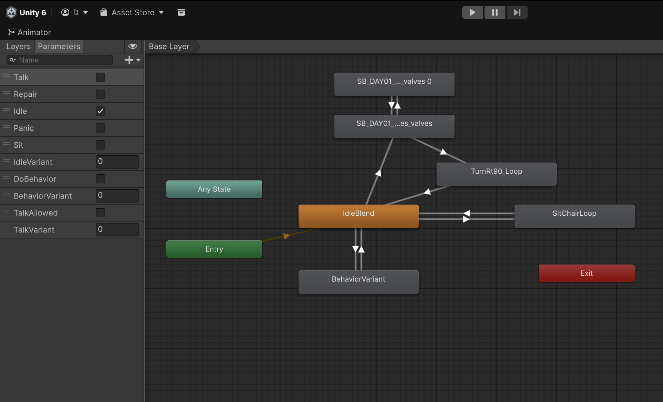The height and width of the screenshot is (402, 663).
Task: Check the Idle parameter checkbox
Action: (100, 111)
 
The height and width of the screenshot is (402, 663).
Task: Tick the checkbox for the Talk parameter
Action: (100, 77)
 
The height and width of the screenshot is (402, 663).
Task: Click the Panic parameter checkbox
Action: (100, 128)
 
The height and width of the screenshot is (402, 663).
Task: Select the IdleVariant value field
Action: (117, 162)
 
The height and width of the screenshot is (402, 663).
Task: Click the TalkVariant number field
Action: (117, 229)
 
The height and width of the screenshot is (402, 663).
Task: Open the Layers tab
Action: (19, 46)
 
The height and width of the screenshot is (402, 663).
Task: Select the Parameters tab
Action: (59, 46)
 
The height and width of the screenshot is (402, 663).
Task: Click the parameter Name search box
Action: (60, 60)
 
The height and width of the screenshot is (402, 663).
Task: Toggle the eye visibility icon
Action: (132, 46)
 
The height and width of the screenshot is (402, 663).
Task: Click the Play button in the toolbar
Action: (473, 12)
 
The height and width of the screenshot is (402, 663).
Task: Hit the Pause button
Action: (495, 12)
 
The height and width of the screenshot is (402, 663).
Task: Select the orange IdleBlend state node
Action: (359, 216)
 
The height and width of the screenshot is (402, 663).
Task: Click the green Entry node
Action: (214, 249)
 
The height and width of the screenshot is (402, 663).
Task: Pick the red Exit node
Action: (587, 273)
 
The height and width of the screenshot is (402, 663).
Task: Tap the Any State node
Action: (214, 189)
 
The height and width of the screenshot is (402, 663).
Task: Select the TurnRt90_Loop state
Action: (497, 174)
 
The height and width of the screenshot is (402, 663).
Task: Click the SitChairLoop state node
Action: (575, 216)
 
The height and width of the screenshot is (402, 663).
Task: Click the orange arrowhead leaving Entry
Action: (287, 236)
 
